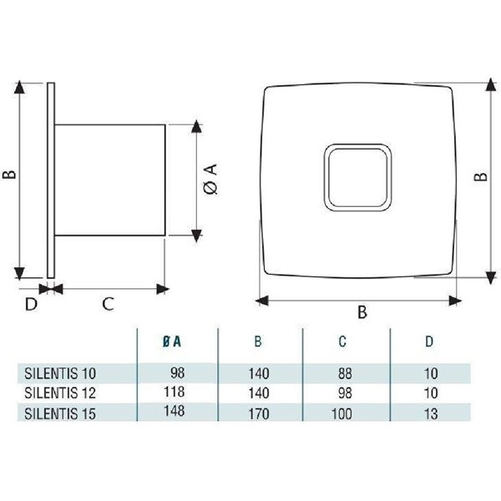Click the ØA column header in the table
point(175,342)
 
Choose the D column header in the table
point(428,342)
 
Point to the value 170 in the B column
point(258,412)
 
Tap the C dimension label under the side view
point(108,305)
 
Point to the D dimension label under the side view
point(31,305)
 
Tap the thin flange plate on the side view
point(52,180)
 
